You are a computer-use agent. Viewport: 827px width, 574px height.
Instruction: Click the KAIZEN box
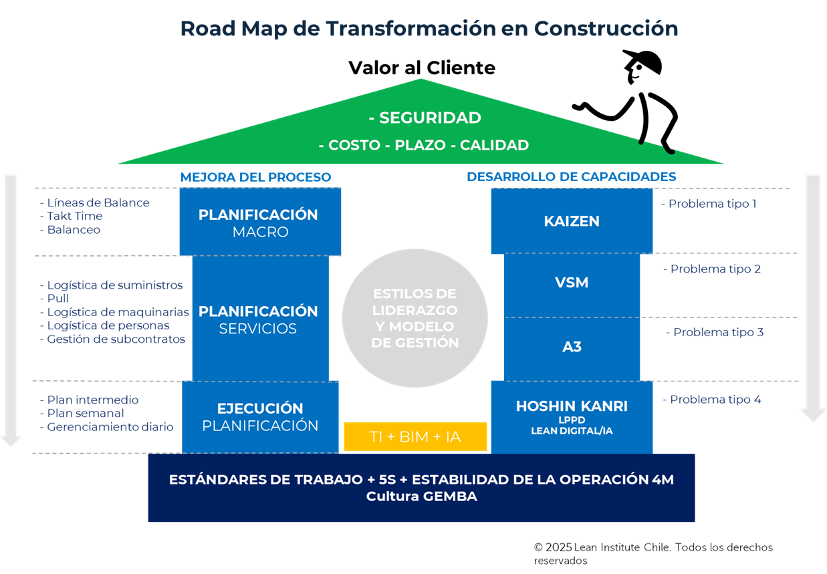572,221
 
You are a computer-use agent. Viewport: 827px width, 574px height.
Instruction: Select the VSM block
572,283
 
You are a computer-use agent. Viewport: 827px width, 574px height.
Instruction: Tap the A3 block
572,346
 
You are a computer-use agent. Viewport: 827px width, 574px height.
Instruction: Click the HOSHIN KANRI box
572,416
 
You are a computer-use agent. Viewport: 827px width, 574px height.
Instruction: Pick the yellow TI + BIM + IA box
415,437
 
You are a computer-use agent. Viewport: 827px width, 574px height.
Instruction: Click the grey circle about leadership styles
415,318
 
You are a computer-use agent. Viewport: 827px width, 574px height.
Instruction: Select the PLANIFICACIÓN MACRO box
260,223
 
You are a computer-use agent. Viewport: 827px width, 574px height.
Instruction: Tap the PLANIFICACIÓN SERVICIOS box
260,319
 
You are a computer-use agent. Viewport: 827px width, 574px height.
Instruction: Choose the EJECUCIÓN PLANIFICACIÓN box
260,416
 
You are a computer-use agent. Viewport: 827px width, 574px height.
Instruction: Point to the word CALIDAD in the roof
494,145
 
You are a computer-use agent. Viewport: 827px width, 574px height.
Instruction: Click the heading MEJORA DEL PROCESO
255,177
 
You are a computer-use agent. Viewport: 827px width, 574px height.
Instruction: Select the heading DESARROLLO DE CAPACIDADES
571,177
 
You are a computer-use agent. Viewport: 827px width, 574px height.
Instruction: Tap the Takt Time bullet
74,216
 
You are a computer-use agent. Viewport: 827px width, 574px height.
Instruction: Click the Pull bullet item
57,299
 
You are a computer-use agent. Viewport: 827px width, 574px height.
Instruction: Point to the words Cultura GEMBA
421,497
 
